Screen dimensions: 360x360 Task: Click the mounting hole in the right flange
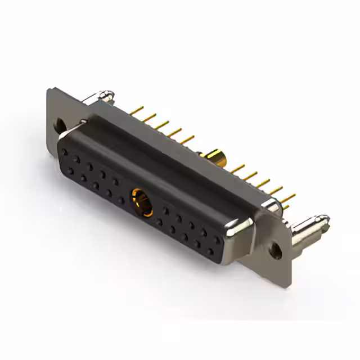pyautogui.click(x=276, y=251)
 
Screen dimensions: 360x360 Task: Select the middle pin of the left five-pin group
pyautogui.click(x=164, y=123)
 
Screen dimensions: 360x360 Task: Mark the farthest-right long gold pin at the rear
pyautogui.click(x=289, y=197)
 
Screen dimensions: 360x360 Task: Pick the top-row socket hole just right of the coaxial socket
pyautogui.click(x=166, y=211)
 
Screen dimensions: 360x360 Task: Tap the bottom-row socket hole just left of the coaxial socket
pyautogui.click(x=121, y=200)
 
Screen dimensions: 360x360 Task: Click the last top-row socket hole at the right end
pyautogui.click(x=217, y=239)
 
